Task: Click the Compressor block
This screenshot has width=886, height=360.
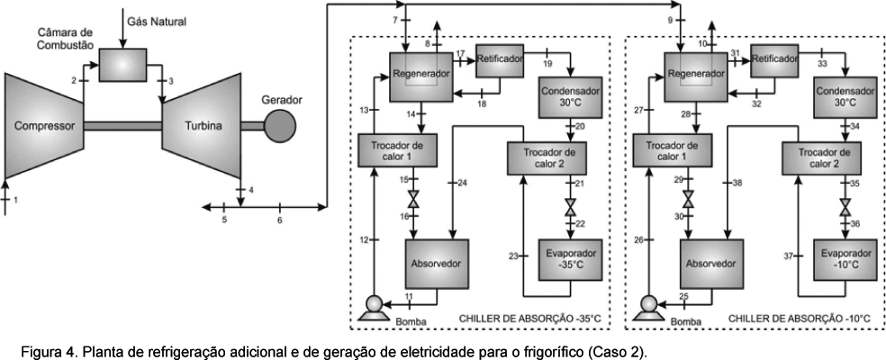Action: click(43, 125)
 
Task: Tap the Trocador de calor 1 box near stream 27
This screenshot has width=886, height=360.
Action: click(673, 149)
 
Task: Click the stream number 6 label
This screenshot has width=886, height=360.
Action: click(279, 220)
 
